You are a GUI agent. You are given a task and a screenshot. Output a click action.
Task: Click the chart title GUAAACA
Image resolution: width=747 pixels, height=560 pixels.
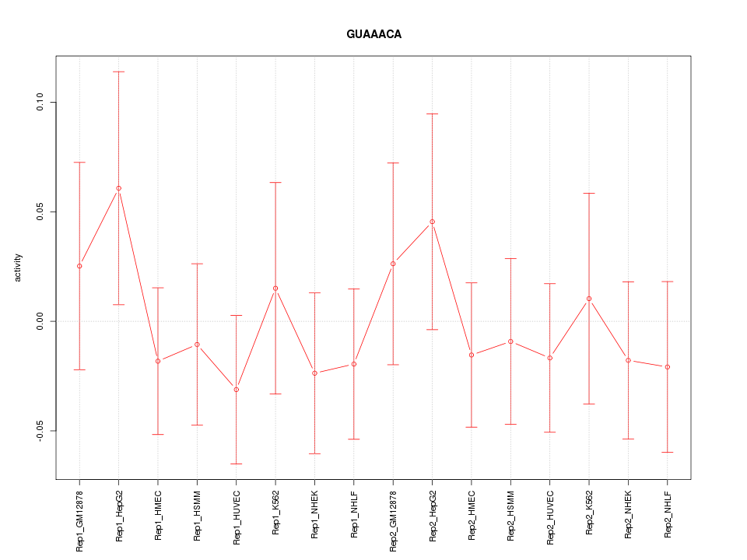click(x=373, y=35)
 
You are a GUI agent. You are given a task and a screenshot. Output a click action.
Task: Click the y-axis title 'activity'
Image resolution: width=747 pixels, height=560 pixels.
click(x=18, y=267)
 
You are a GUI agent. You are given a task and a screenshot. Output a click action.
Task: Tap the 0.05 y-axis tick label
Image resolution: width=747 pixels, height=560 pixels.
click(x=40, y=212)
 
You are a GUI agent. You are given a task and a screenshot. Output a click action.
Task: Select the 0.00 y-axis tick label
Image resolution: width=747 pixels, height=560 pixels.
click(x=40, y=321)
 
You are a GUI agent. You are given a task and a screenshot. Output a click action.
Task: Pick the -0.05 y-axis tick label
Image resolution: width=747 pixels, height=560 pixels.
click(x=40, y=431)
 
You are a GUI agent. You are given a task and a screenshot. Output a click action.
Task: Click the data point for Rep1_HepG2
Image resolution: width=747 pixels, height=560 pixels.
click(x=118, y=188)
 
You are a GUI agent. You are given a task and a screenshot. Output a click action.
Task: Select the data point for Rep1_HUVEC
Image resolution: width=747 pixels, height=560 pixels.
click(x=236, y=389)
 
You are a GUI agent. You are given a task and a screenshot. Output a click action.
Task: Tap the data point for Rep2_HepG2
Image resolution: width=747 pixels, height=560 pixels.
click(x=432, y=222)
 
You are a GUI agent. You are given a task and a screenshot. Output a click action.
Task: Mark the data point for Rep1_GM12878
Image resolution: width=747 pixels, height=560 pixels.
click(x=79, y=266)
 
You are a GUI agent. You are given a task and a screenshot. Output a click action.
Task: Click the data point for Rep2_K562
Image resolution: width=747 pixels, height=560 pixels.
click(x=589, y=299)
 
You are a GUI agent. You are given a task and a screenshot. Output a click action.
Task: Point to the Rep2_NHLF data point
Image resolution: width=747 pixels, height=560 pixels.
click(x=667, y=367)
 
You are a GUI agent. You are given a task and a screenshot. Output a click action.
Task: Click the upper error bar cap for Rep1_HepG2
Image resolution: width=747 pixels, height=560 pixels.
click(x=118, y=72)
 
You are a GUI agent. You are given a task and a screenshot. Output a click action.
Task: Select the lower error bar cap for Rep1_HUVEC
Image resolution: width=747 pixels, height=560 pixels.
click(x=236, y=464)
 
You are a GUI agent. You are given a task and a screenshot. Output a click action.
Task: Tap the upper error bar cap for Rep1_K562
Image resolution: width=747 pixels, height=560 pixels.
click(x=275, y=182)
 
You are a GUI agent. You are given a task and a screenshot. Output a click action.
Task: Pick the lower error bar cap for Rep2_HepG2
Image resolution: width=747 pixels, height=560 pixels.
click(x=432, y=330)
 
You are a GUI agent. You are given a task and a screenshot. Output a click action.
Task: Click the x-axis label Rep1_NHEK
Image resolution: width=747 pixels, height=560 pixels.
click(x=315, y=514)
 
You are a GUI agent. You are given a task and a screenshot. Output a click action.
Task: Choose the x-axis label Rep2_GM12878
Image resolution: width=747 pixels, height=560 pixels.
click(x=393, y=520)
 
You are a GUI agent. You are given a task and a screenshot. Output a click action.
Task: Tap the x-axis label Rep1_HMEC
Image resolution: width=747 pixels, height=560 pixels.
click(x=158, y=514)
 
